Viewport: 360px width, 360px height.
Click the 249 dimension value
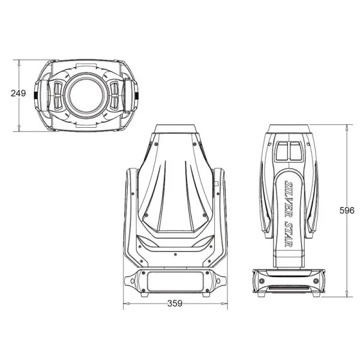[x=19, y=94]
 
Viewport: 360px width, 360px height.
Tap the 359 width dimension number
[x=175, y=304]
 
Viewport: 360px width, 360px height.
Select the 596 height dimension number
[x=347, y=210]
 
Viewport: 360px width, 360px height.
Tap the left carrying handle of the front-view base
[x=130, y=281]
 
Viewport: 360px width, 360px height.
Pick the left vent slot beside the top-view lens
[x=59, y=95]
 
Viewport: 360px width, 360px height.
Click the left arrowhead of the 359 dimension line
[x=125, y=304]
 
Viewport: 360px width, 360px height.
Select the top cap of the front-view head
[x=175, y=130]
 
